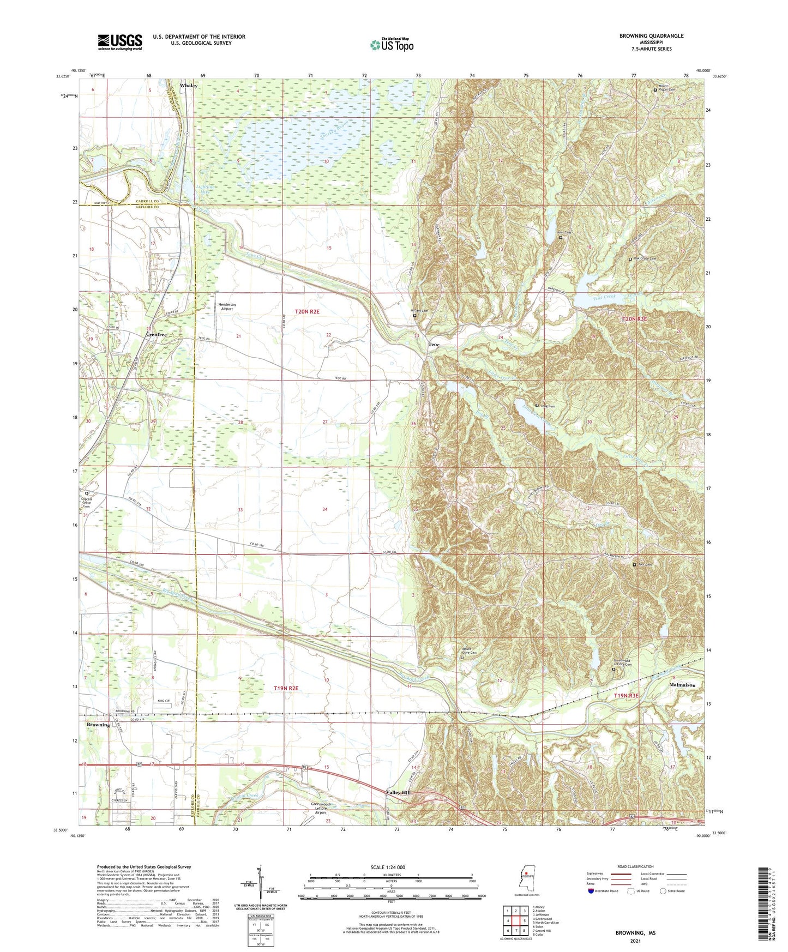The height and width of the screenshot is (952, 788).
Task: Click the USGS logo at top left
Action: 120,41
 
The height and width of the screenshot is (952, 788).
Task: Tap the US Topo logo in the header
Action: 392,45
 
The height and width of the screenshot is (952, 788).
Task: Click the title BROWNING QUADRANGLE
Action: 651,36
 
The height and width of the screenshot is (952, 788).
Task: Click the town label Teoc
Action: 434,345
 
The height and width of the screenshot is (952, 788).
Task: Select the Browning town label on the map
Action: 98,725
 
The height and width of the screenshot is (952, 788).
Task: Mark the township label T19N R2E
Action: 286,688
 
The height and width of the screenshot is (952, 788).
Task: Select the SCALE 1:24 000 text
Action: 388,867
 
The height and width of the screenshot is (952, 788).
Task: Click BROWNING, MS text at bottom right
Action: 635,932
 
